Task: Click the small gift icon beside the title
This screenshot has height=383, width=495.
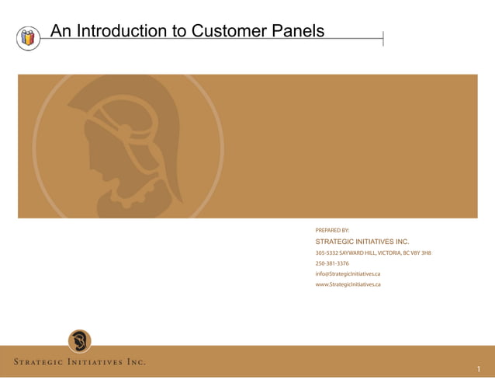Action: tap(28, 37)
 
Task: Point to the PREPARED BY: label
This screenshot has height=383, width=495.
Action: tap(332, 231)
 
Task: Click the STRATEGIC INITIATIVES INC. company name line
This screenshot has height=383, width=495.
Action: tap(362, 242)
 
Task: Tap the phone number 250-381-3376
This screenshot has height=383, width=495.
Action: tap(332, 263)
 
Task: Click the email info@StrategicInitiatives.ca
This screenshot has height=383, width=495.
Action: tap(347, 273)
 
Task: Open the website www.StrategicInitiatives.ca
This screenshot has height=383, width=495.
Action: tap(348, 284)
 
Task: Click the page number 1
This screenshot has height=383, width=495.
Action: tap(479, 369)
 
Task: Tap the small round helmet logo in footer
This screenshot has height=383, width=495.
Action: tap(79, 341)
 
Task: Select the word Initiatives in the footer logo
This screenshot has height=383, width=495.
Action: tap(92, 362)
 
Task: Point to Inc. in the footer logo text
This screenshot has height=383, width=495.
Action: tap(136, 362)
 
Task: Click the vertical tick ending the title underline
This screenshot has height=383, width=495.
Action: tap(383, 38)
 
